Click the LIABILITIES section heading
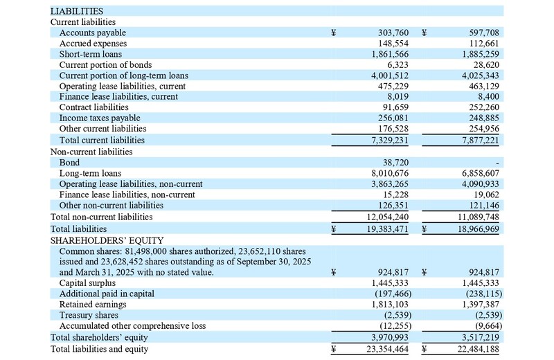click(x=77, y=11)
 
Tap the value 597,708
click(x=480, y=33)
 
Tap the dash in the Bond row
click(x=497, y=162)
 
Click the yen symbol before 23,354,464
click(x=334, y=349)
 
